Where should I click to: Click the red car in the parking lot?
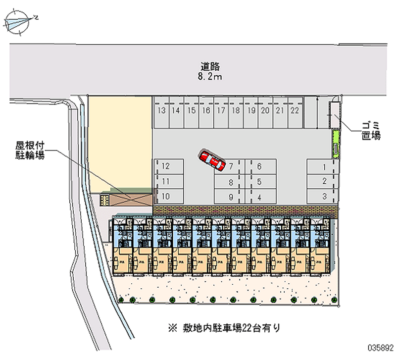(x=212, y=160)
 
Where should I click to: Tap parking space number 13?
(x=162, y=110)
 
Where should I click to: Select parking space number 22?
(x=295, y=110)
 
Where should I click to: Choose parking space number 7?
(x=231, y=166)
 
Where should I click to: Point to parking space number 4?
(x=259, y=197)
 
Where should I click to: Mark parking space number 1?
(x=324, y=167)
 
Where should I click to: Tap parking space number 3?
(x=324, y=196)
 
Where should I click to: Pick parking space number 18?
(x=236, y=110)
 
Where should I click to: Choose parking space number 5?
(x=259, y=182)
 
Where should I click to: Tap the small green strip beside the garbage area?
(x=336, y=144)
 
